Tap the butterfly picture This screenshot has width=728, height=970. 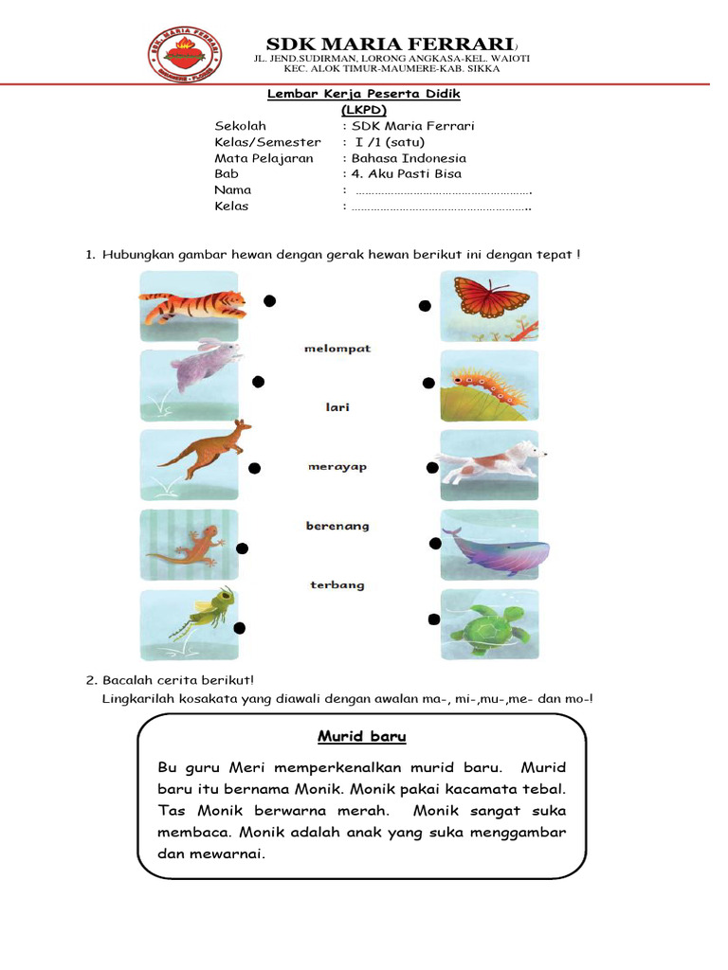pyautogui.click(x=489, y=305)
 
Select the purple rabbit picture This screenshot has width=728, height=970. pyautogui.click(x=190, y=385)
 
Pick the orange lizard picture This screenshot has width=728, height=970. pyautogui.click(x=190, y=546)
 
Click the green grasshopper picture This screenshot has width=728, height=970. pyautogui.click(x=190, y=625)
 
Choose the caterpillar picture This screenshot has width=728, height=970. pyautogui.click(x=489, y=386)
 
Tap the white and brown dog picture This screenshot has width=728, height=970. pyautogui.click(x=489, y=464)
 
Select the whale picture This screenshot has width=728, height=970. pyautogui.click(x=489, y=546)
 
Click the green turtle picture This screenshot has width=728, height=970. pyautogui.click(x=489, y=625)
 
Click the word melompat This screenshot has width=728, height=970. pyautogui.click(x=337, y=349)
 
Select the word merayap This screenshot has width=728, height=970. pyautogui.click(x=337, y=467)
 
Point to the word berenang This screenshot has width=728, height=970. pyautogui.click(x=337, y=526)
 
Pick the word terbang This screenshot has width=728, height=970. pyautogui.click(x=337, y=585)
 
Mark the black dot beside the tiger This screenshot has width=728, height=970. pyautogui.click(x=270, y=301)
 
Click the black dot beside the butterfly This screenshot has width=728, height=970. pyautogui.click(x=426, y=305)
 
